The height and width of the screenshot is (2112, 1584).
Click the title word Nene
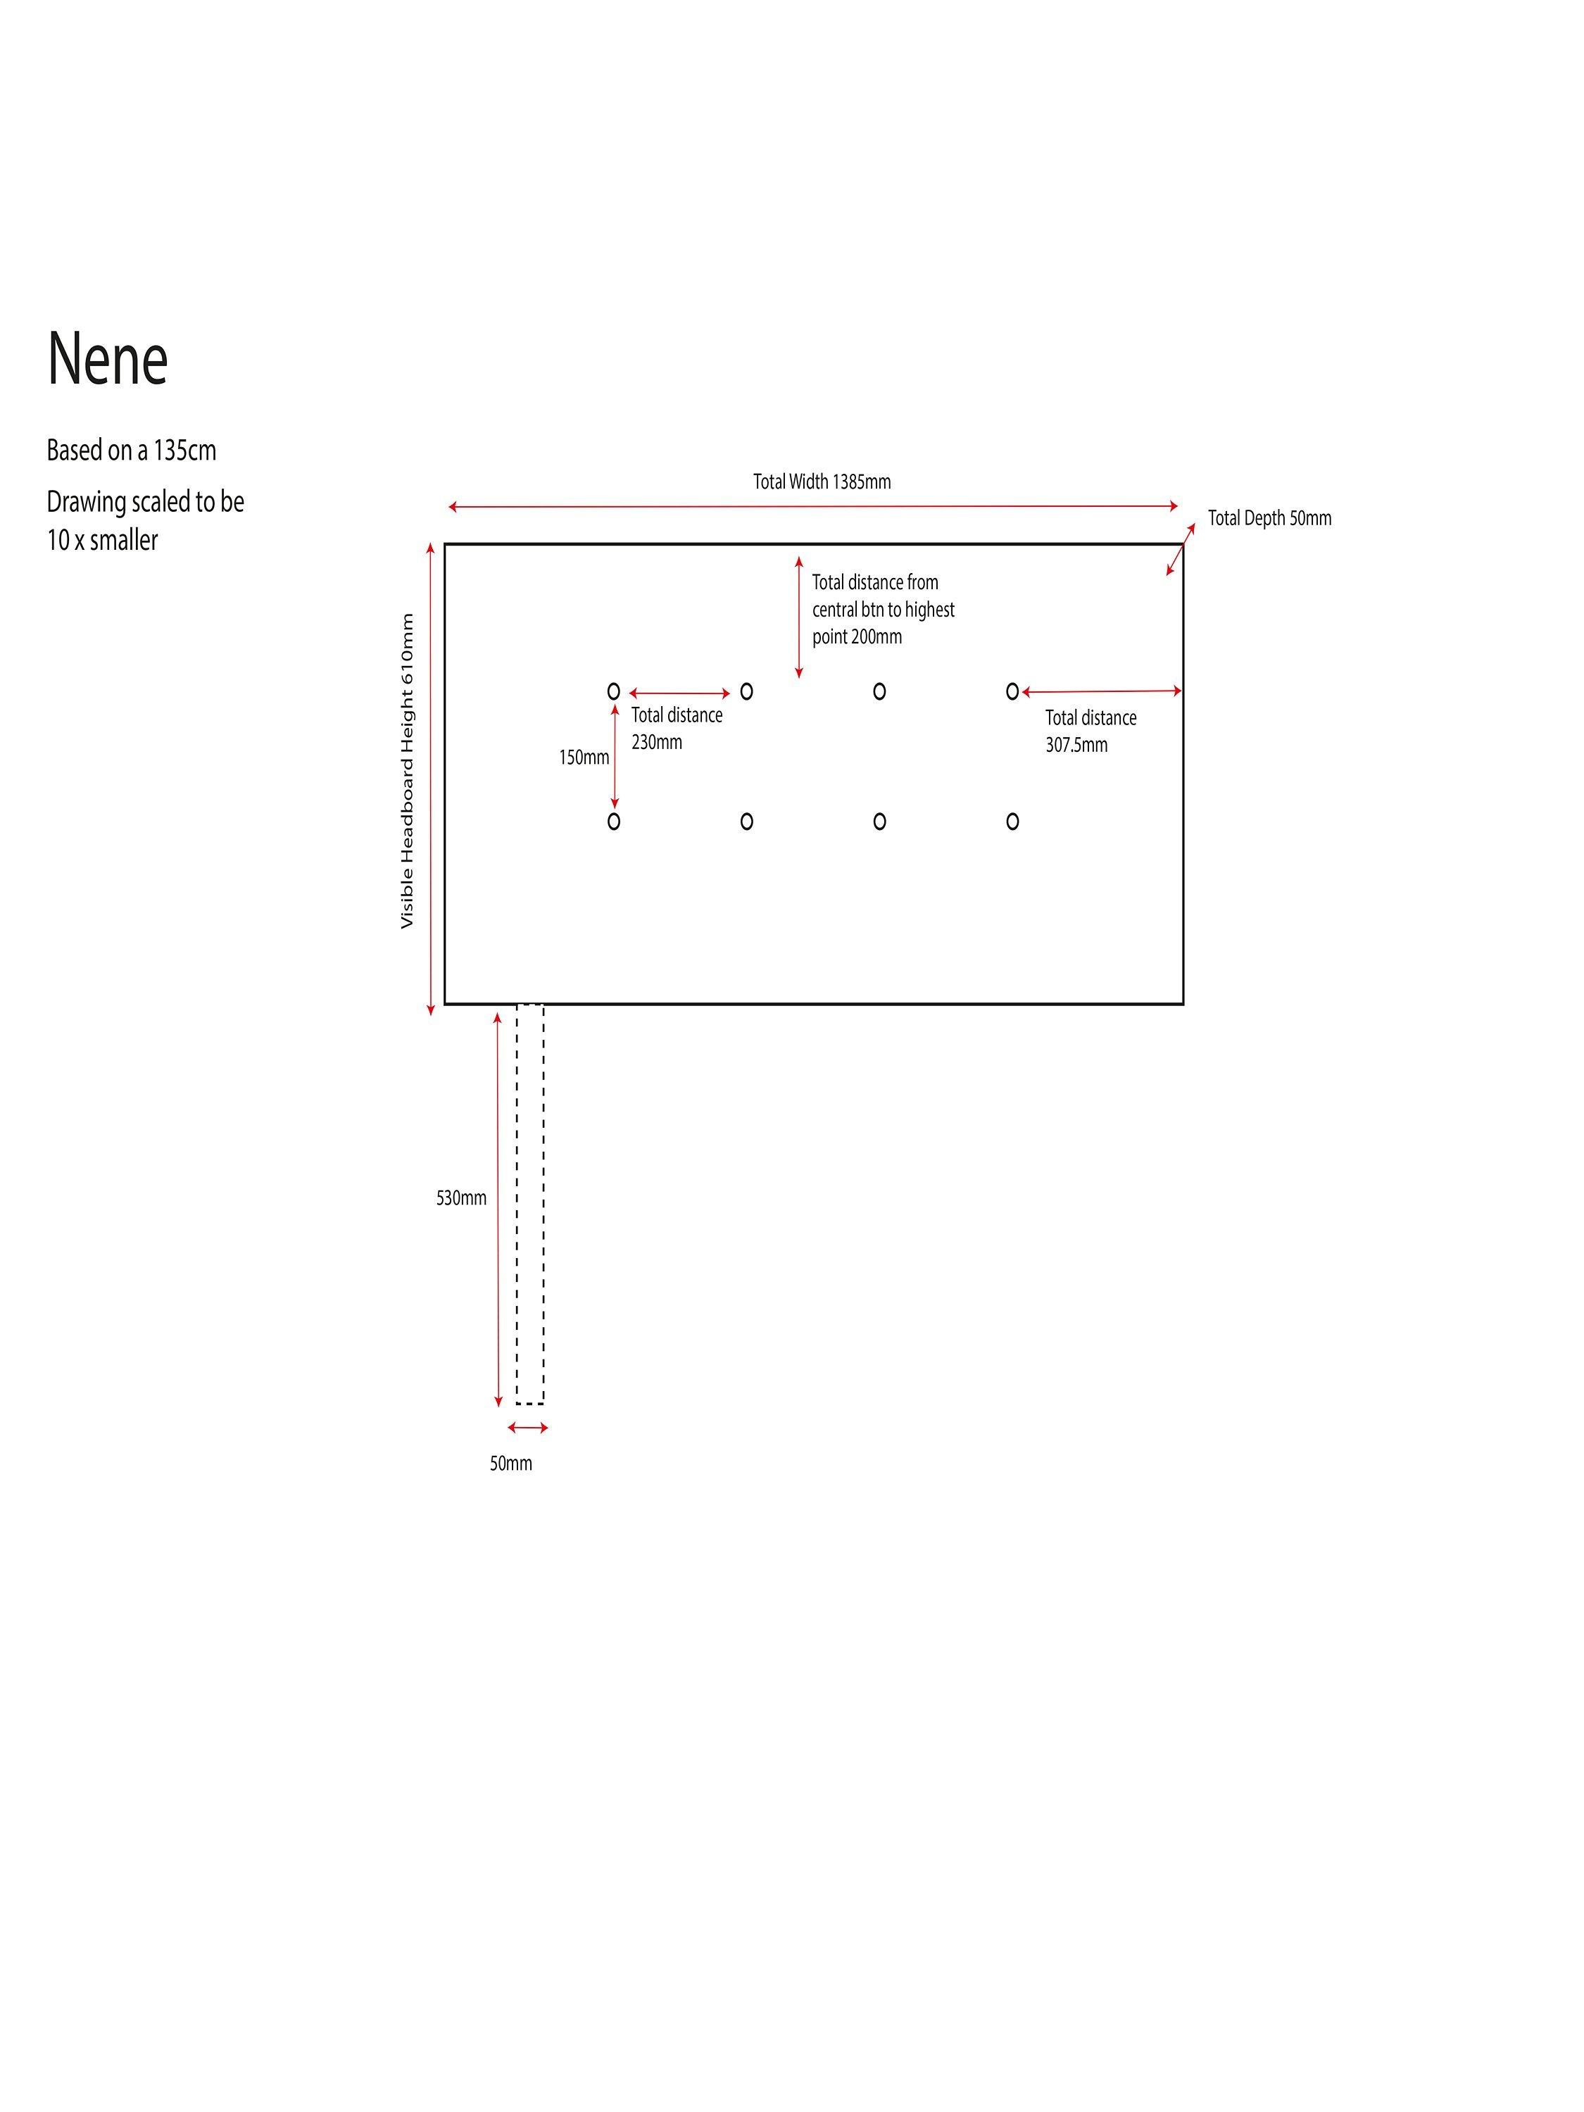tap(108, 359)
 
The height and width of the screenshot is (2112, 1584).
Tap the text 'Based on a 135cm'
tap(132, 450)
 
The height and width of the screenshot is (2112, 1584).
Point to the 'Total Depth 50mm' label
tap(1269, 517)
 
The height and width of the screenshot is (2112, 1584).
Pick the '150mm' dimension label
tap(584, 757)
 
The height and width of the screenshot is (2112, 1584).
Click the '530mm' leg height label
tap(461, 1198)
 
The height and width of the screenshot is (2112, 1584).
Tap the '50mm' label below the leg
tap(511, 1463)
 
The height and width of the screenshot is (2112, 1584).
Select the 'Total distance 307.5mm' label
tap(1090, 731)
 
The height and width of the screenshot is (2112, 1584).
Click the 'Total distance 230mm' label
tap(676, 727)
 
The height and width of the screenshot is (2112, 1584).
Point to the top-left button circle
tap(614, 691)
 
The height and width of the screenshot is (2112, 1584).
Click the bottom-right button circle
tap(1012, 821)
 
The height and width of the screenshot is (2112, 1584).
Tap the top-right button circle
tap(1012, 691)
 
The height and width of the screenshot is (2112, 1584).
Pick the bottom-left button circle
tap(614, 821)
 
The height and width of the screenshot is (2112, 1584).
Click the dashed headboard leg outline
tap(530, 1203)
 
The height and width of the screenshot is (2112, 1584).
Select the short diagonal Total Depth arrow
tap(1180, 549)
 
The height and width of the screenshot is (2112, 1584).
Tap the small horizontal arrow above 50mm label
tap(528, 1428)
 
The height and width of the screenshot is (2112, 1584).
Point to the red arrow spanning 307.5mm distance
tap(1102, 691)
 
